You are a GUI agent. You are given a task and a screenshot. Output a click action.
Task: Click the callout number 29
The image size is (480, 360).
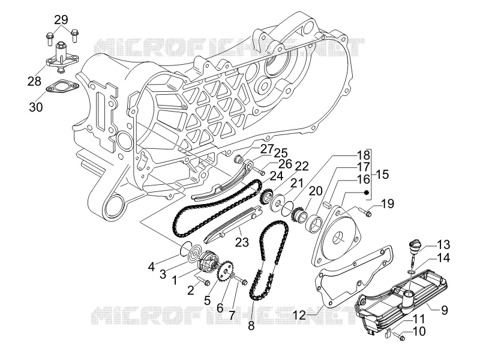tap(61, 20)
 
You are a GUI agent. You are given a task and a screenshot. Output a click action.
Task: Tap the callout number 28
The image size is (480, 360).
tap(34, 82)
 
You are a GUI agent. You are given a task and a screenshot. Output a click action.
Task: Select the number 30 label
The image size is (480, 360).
tap(36, 107)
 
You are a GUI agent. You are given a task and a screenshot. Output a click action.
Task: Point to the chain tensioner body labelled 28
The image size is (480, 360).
tap(61, 58)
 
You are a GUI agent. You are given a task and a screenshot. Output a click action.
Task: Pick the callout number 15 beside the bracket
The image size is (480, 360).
tap(382, 175)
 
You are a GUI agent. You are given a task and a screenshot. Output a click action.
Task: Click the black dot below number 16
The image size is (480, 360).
tap(366, 193)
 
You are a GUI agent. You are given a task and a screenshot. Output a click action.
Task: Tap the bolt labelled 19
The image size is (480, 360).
tap(365, 211)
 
